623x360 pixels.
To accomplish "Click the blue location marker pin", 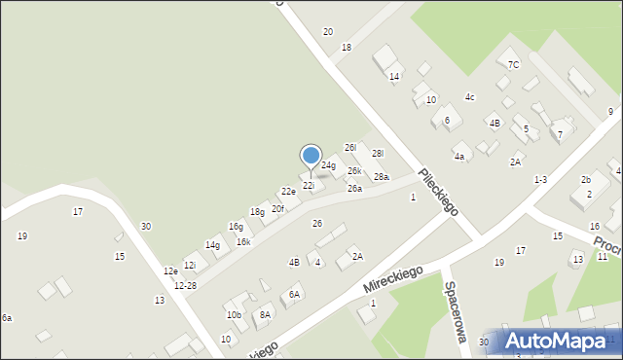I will coord(311,156).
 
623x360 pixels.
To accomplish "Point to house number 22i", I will coord(309,185).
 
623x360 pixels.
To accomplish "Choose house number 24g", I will coord(328,165).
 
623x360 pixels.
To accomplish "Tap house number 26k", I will coord(354,170).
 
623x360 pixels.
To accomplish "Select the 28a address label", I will coord(382,177).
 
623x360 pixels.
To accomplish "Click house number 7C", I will coord(514,64).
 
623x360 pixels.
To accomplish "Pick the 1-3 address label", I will coord(540,180).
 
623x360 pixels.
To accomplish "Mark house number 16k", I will coord(243,241).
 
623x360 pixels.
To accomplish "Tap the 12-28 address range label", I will coord(185,285).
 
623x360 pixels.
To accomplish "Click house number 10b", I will coord(234,314).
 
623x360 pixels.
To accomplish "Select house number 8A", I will coord(265,314).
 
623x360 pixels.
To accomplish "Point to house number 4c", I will coord(469,96).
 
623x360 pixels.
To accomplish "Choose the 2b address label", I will coord(586,180).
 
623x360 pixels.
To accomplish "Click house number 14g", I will coord(212,245).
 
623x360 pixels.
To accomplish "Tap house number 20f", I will coord(278,208).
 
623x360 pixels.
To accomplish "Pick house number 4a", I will coord(458,156).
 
